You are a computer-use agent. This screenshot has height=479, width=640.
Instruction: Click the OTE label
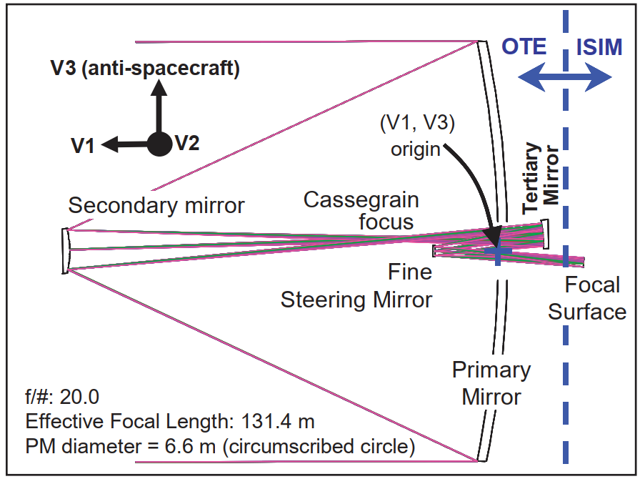524,46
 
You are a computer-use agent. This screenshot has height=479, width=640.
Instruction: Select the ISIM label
599,47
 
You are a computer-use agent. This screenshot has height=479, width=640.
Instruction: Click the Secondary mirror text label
156,205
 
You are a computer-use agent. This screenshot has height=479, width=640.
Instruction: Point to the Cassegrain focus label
361,211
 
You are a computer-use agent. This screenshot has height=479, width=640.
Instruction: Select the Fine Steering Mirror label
356,286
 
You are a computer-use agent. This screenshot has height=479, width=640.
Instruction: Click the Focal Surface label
587,298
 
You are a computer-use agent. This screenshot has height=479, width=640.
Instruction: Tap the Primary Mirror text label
491,383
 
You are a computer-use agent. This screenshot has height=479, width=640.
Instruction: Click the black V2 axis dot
159,144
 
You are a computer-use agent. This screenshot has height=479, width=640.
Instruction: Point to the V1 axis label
83,146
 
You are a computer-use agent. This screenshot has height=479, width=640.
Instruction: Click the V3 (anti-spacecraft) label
145,68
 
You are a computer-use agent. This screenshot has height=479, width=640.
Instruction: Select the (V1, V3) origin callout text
416,136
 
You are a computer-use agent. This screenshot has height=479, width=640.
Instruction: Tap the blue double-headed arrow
565,76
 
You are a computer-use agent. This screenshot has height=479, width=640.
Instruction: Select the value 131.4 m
278,421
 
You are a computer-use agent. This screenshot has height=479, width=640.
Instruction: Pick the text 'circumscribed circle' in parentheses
319,446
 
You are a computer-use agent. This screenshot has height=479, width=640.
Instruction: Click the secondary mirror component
65,250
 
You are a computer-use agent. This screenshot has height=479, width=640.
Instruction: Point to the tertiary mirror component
545,234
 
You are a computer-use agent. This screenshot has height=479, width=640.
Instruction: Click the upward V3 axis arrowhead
159,87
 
